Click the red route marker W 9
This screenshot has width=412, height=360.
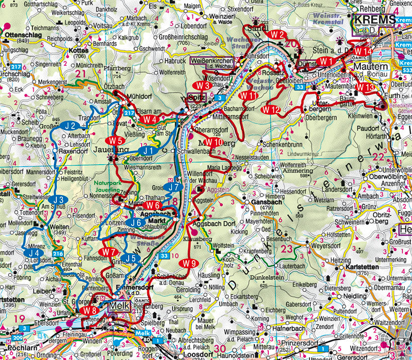[x=189, y=263]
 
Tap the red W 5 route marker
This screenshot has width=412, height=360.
[x=115, y=140]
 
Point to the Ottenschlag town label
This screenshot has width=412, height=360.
[x=23, y=35]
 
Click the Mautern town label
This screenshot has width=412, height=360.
[x=371, y=67]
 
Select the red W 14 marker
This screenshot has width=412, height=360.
[x=362, y=51]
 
